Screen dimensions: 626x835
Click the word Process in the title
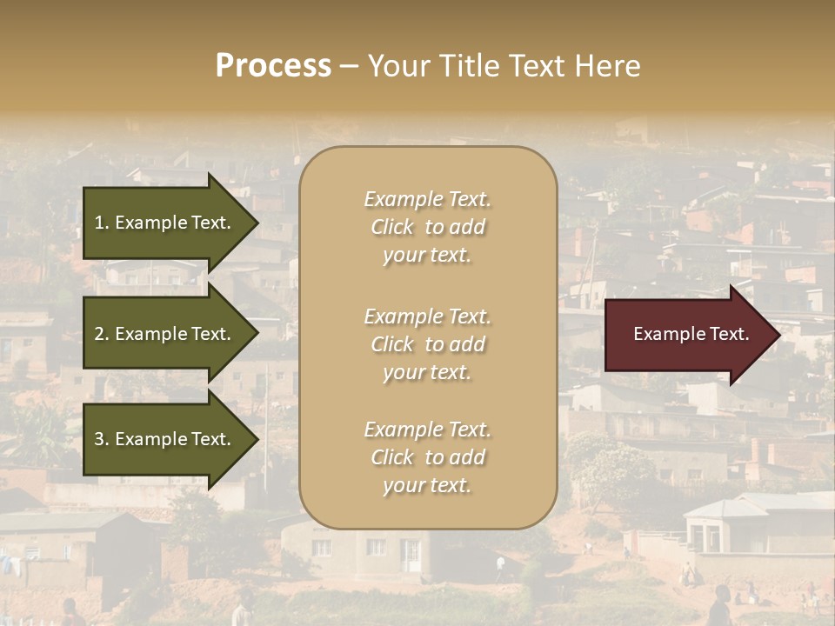pos(273,66)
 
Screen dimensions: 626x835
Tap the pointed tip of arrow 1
pos(257,223)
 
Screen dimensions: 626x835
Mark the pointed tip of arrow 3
pos(257,439)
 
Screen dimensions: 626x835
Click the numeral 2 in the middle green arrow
pos(99,334)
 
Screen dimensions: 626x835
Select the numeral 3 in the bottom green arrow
pos(99,439)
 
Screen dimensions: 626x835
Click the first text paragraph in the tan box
pos(427,227)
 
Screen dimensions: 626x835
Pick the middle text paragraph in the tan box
pos(427,344)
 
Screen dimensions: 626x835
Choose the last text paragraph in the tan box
pos(427,457)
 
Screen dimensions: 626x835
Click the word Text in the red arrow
pos(729,334)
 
